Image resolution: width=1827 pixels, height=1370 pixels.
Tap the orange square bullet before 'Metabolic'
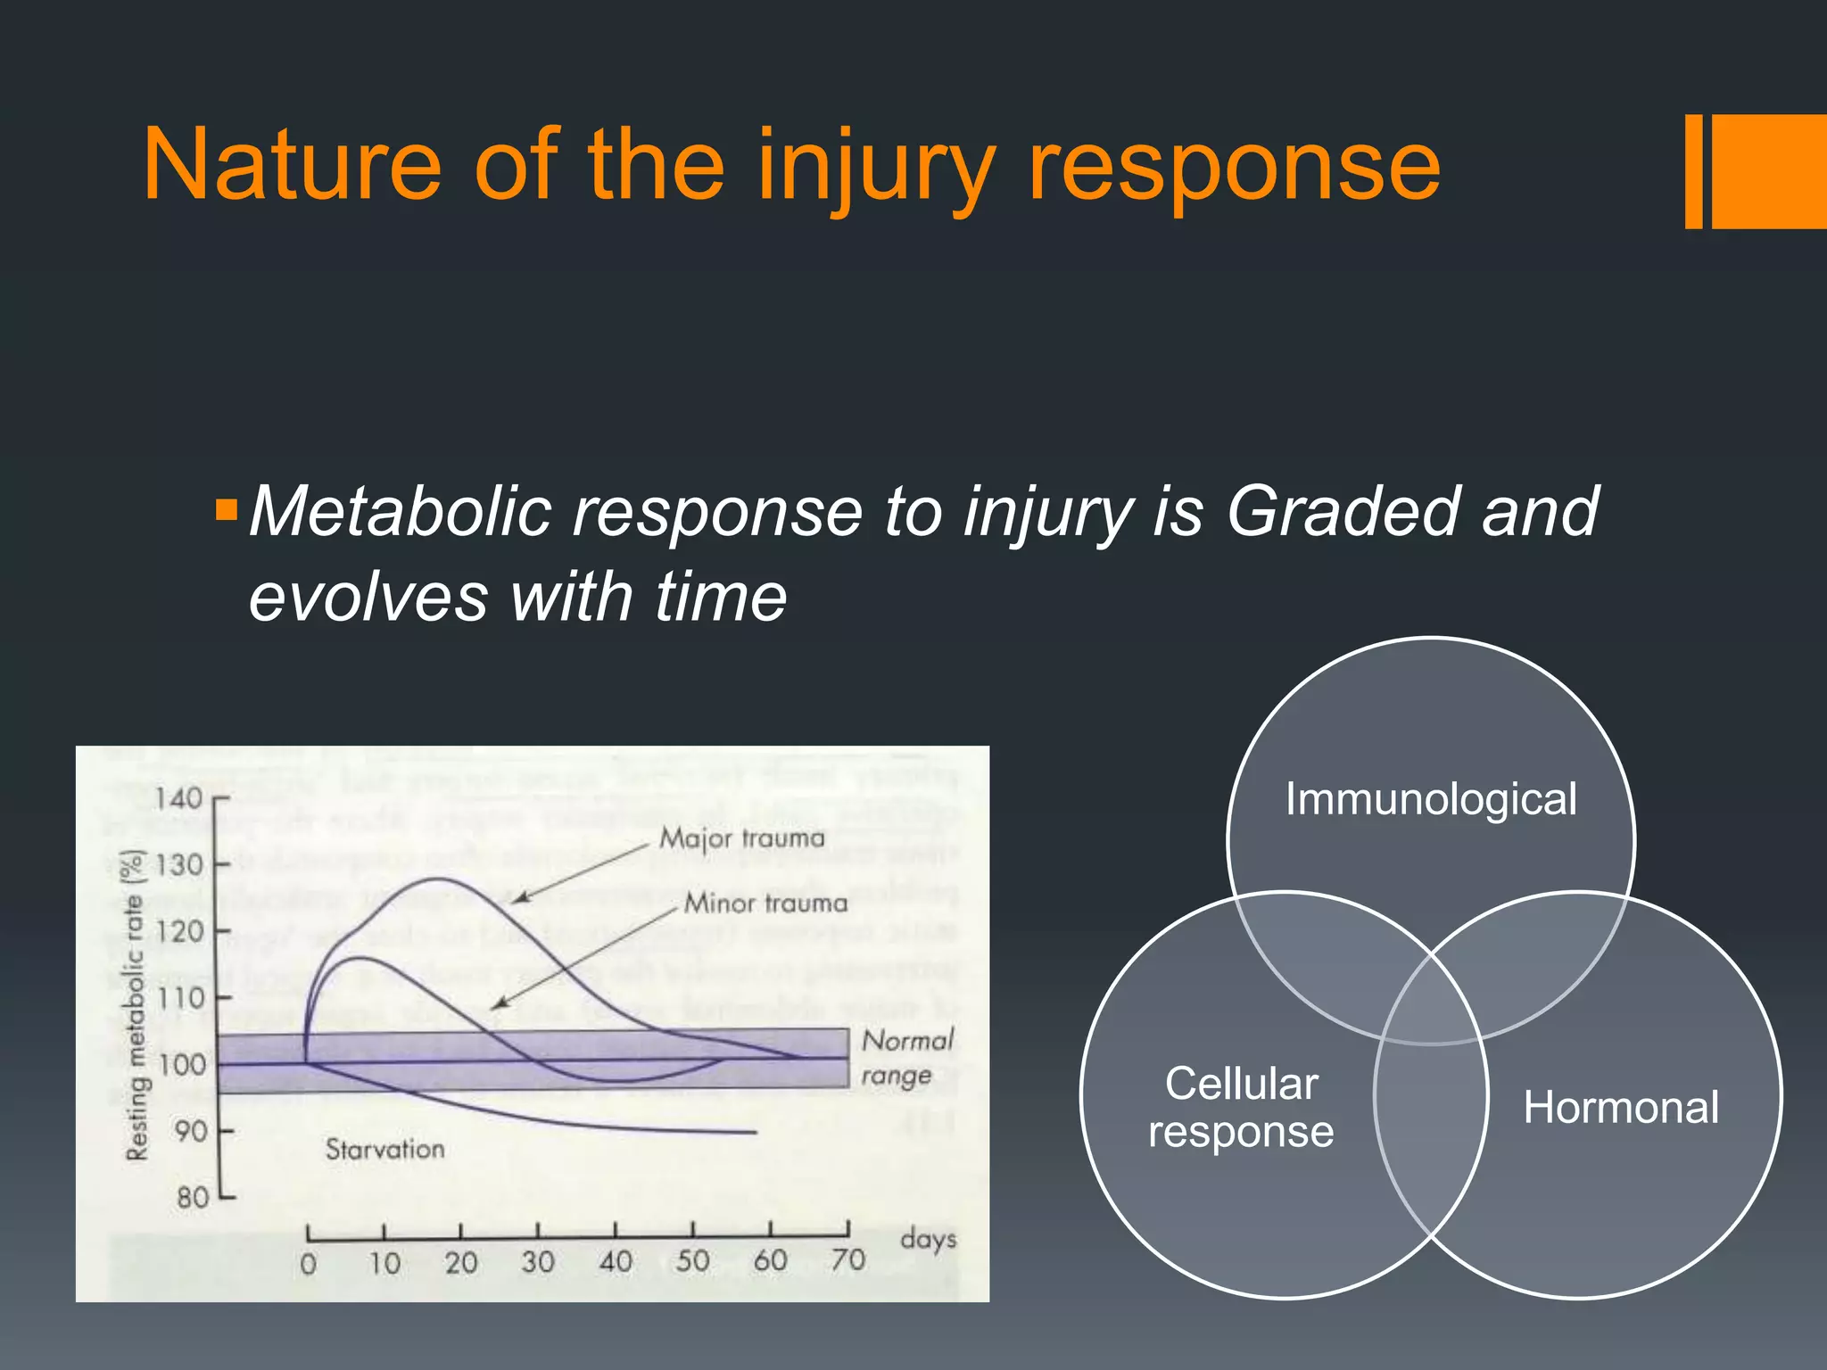click(x=227, y=511)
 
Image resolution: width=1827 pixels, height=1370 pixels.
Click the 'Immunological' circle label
click(x=1430, y=798)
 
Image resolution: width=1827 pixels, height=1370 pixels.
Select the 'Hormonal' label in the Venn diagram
click(x=1620, y=1107)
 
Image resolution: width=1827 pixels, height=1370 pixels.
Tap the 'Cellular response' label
click(x=1241, y=1107)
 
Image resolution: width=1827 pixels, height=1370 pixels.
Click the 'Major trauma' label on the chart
click(x=741, y=838)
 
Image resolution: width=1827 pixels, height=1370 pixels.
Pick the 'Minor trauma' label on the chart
click(x=765, y=904)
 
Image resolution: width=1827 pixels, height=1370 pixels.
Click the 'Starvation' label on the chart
click(x=384, y=1149)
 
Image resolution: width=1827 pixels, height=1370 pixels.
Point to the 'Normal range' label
click(x=905, y=1057)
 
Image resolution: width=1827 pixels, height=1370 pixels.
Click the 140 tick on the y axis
click(x=179, y=798)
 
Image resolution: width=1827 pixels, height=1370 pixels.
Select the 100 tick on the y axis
click(x=181, y=1064)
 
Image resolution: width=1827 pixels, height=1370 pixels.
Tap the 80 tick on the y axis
click(x=192, y=1197)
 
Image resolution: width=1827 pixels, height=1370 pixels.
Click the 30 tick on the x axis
click(x=537, y=1261)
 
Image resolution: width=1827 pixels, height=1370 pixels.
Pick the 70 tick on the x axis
click(x=847, y=1259)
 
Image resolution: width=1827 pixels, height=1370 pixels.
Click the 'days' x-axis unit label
click(x=928, y=1239)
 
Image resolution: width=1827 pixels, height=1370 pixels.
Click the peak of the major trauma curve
click(x=435, y=879)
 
